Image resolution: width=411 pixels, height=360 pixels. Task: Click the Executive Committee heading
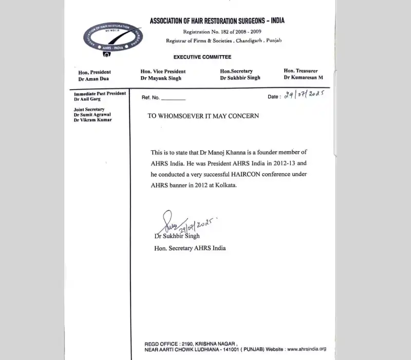[202, 57]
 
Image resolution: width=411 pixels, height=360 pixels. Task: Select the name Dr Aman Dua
[92, 78]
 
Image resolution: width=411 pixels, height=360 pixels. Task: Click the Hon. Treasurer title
[301, 70]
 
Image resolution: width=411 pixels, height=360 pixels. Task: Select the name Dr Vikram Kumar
[92, 120]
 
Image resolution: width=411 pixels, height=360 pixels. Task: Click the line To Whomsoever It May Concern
[203, 116]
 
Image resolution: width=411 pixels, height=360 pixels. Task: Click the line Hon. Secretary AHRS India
[190, 248]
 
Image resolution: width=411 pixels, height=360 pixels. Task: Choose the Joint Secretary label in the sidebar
[89, 110]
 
